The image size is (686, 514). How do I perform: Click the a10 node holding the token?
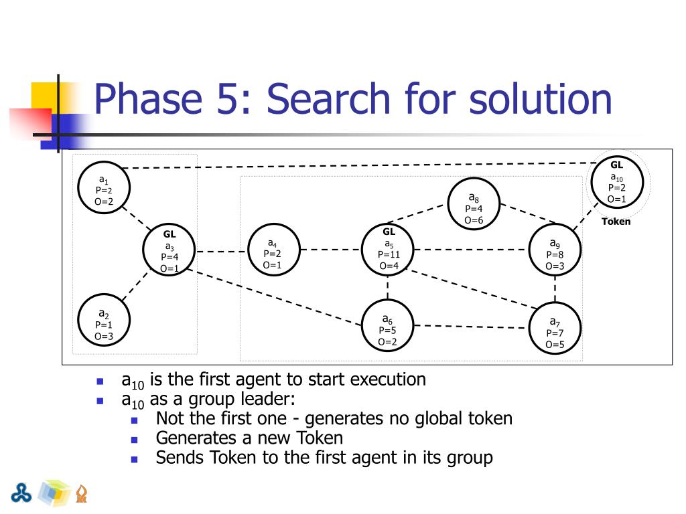click(x=616, y=183)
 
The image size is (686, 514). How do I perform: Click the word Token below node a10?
click(x=616, y=222)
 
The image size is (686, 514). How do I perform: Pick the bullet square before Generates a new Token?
click(x=134, y=440)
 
